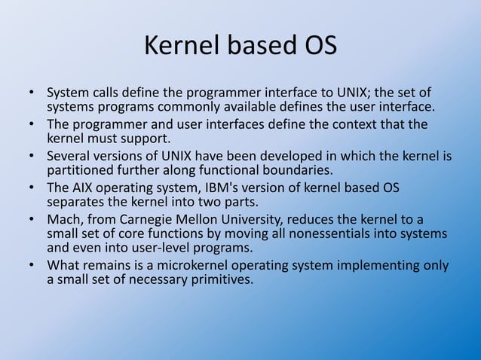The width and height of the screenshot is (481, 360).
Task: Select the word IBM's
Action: coord(232,188)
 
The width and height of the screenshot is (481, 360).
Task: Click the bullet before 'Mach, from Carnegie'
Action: coord(32,219)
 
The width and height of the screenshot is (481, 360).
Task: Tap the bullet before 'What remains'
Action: coord(32,265)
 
